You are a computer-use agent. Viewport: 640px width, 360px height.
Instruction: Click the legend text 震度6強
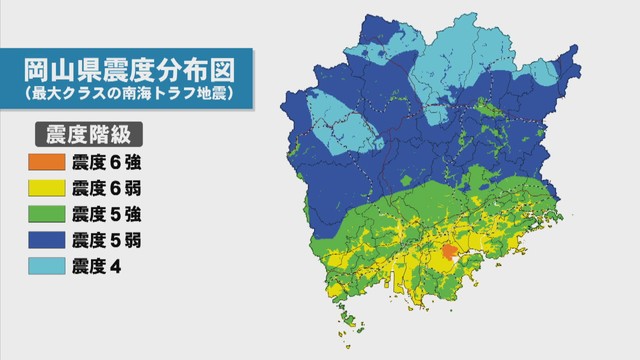tap(106, 161)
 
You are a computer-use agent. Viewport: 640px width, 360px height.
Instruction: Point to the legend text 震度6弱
tap(106, 187)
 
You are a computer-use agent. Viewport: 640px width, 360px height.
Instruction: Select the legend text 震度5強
tap(106, 213)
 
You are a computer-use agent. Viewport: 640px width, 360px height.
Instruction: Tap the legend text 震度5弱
tap(106, 239)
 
